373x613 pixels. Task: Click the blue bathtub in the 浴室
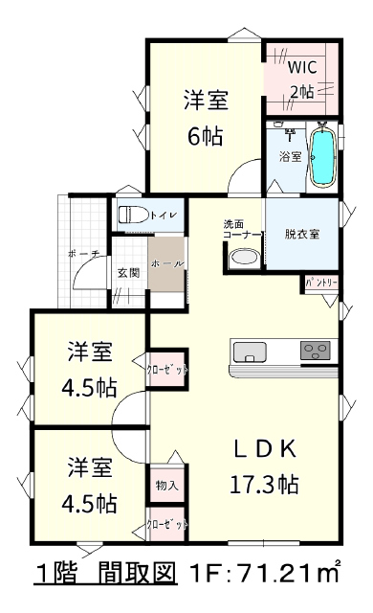(323, 157)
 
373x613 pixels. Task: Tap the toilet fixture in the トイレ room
(133, 215)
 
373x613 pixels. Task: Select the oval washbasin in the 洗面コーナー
(244, 258)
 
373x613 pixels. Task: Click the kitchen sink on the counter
(250, 352)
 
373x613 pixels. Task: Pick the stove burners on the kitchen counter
(315, 350)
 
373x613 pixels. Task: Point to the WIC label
(302, 67)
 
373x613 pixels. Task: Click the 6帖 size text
(206, 137)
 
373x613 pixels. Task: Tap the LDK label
(265, 449)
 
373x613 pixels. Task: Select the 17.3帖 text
(265, 485)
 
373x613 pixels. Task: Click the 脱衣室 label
(302, 234)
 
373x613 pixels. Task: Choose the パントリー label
(321, 283)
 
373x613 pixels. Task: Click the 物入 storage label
(167, 486)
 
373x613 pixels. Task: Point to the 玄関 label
(129, 272)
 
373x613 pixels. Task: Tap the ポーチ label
(83, 254)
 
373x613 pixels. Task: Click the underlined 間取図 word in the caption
(136, 573)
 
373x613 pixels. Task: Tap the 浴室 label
(291, 157)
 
